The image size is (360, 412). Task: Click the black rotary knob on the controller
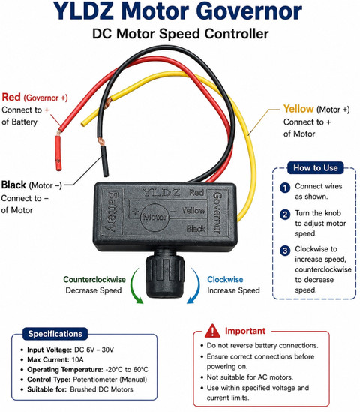pyautogui.click(x=165, y=275)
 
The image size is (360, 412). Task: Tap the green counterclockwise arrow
pyautogui.click(x=134, y=287)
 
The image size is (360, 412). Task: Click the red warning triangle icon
pyautogui.click(x=212, y=331)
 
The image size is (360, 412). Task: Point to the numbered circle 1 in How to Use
pyautogui.click(x=285, y=188)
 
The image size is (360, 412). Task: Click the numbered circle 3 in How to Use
pyautogui.click(x=285, y=251)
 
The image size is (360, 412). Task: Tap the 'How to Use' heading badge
pyautogui.click(x=315, y=167)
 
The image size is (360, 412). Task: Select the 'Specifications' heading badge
pyautogui.click(x=55, y=334)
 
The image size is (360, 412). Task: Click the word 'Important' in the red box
pyautogui.click(x=245, y=331)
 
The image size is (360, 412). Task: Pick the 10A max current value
pyautogui.click(x=77, y=359)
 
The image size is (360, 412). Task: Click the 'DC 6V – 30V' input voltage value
pyautogui.click(x=94, y=350)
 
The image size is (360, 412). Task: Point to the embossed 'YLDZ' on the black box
pyautogui.click(x=160, y=192)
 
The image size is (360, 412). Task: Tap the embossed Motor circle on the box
pyautogui.click(x=154, y=218)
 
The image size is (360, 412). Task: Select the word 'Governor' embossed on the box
pyautogui.click(x=217, y=213)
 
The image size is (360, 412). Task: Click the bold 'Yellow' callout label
pyautogui.click(x=298, y=109)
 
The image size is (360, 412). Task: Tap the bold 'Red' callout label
pyautogui.click(x=11, y=97)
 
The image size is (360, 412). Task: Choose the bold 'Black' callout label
pyautogui.click(x=13, y=185)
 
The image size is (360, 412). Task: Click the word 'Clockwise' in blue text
pyautogui.click(x=225, y=279)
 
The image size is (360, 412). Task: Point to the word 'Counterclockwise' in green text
pyautogui.click(x=94, y=279)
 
